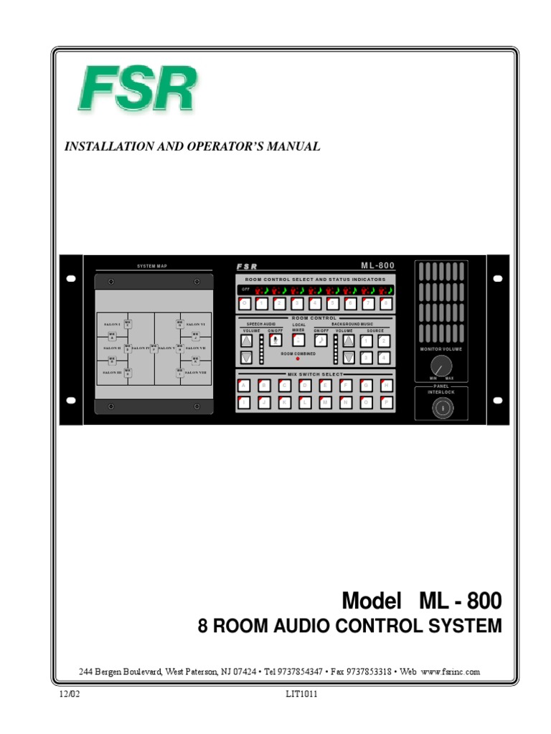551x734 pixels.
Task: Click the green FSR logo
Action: [x=136, y=90]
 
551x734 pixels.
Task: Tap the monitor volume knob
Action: [x=441, y=363]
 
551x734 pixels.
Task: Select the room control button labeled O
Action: [x=245, y=303]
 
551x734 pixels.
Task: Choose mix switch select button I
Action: [x=245, y=402]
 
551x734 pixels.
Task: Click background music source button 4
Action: [x=384, y=358]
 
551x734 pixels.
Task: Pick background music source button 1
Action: [x=366, y=341]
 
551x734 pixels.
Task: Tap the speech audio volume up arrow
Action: [x=247, y=341]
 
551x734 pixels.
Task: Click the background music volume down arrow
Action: [x=349, y=358]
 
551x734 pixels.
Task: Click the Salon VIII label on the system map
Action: [x=195, y=373]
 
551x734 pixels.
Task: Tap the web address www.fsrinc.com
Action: [x=450, y=672]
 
